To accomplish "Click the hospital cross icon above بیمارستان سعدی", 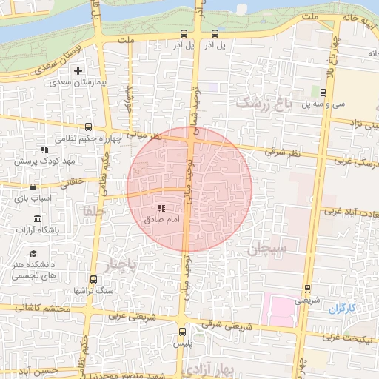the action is [78, 70].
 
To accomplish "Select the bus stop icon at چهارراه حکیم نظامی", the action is [89, 127].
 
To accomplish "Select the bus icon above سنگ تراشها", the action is [93, 279].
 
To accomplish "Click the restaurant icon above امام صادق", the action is [161, 209].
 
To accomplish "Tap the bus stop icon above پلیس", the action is [183, 332].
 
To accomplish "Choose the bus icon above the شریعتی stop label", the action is [306, 289].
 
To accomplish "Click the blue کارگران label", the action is [343, 307].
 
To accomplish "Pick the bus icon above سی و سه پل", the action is [323, 92].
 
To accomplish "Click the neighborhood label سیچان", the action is [266, 249].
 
